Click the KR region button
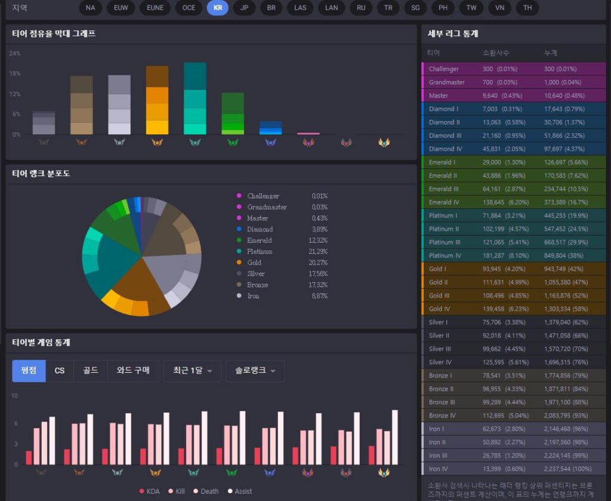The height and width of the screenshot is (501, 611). pos(217,8)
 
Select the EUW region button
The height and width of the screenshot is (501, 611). pos(121,8)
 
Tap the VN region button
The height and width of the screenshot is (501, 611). pos(500,8)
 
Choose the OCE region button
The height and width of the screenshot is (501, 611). pos(189,8)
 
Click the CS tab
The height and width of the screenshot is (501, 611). pos(60,370)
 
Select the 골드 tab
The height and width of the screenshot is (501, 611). pos(91,370)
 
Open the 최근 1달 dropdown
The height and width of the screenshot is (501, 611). pos(192,370)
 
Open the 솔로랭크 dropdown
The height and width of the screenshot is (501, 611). pos(255,370)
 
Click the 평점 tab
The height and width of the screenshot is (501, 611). pos(29,370)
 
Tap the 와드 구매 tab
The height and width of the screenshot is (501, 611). pos(133,370)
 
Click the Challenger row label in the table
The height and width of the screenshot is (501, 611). pos(444,69)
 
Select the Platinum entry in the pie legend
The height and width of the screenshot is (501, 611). pos(260,252)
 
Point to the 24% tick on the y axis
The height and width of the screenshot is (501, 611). pos(15,54)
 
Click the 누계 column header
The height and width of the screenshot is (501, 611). pos(550,53)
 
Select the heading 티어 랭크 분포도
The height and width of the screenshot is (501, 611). pos(41,174)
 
